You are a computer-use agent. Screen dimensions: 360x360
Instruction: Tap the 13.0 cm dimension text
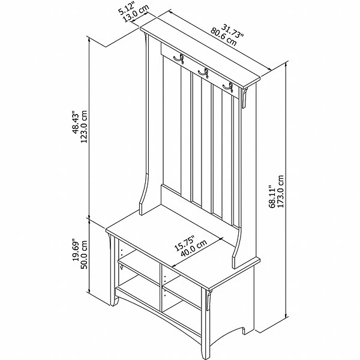[136, 13]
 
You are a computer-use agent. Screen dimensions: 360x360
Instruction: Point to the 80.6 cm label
[223, 37]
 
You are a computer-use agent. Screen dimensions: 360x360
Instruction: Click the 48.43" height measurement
[76, 122]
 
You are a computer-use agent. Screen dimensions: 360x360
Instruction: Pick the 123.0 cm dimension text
[84, 127]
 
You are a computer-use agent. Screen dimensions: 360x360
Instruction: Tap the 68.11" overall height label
[272, 197]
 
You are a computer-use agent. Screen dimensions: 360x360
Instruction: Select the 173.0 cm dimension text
[281, 192]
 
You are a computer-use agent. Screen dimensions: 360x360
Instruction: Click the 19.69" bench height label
[76, 250]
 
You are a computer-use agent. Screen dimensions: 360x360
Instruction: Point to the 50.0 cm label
[84, 254]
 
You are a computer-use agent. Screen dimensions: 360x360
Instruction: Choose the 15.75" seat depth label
[184, 243]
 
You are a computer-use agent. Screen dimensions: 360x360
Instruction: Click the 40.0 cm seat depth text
[194, 248]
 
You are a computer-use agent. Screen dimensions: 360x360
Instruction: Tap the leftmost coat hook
[179, 59]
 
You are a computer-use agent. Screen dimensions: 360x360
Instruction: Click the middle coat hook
[203, 73]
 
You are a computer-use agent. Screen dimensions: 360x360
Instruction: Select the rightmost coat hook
[228, 88]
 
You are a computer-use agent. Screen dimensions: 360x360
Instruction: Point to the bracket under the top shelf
[245, 98]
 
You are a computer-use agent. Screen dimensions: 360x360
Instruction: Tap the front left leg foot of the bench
[114, 301]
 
